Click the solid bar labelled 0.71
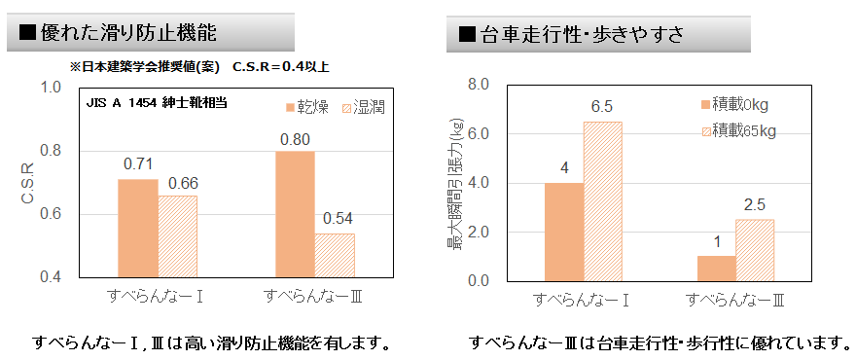(x=137, y=228)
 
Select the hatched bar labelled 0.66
(x=177, y=236)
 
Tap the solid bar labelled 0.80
(x=295, y=214)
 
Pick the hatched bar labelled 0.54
(x=335, y=255)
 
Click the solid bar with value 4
(x=563, y=232)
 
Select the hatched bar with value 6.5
(x=602, y=201)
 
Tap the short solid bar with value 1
(x=716, y=269)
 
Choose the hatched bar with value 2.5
(x=755, y=250)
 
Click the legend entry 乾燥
(x=309, y=107)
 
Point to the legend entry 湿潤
(x=361, y=107)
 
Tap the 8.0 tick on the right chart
(x=479, y=85)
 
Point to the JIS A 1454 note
(x=158, y=101)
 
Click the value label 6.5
(x=601, y=106)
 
